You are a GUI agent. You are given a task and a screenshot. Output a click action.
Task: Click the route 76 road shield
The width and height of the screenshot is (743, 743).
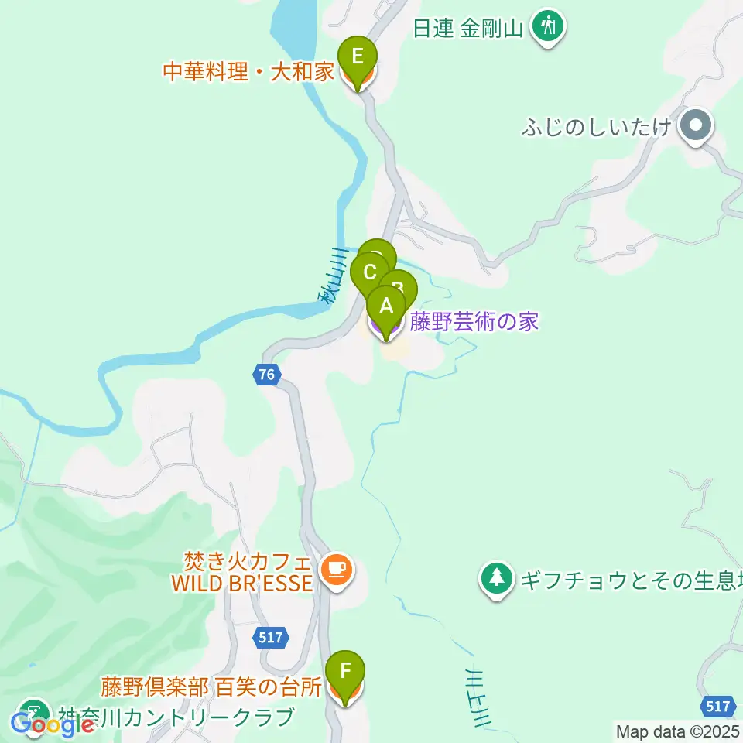point(266,375)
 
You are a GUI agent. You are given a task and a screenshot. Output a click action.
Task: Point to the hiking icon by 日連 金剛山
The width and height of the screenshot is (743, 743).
point(549,28)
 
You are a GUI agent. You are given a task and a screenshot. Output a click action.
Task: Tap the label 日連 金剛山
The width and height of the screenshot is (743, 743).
point(469,29)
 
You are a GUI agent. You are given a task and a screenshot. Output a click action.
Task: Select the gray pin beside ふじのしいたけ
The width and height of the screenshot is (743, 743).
point(696,125)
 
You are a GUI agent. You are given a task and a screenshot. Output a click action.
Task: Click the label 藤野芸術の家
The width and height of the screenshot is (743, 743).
point(474,321)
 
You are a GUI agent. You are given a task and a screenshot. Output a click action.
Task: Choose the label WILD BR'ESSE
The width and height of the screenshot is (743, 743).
point(242,582)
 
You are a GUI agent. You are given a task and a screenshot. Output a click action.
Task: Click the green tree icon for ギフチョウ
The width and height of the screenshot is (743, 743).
point(496,578)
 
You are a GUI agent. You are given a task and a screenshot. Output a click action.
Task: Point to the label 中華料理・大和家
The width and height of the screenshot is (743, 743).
point(248,73)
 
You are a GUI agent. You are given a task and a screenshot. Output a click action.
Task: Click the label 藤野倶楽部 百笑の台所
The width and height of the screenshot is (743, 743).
point(211,687)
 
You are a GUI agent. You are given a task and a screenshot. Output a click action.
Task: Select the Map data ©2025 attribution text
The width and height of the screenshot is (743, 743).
point(678,731)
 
